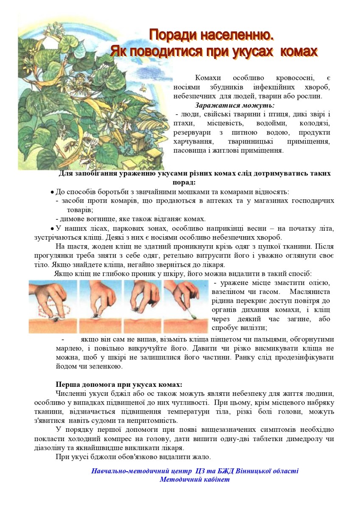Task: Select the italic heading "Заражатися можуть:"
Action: (234, 105)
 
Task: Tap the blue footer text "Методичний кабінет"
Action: (194, 479)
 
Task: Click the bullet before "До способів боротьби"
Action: (52, 192)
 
